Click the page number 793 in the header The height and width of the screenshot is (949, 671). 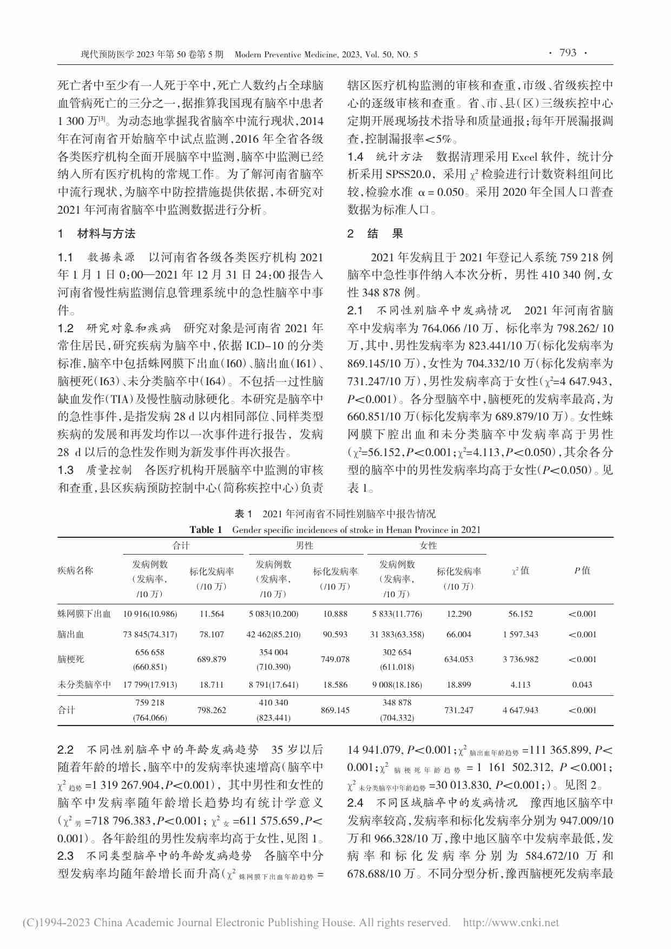coord(568,52)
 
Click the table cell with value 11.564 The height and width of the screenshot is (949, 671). coord(212,614)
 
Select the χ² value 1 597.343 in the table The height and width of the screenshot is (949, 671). coord(520,634)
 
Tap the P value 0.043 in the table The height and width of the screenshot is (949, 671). coord(582,684)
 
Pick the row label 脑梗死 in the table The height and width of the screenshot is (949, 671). coord(71,660)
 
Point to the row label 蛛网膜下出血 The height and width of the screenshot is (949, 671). coord(84,614)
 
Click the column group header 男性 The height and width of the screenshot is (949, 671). coord(305,545)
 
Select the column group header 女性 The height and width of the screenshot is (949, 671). coord(428,545)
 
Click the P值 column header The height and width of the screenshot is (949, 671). coord(582,570)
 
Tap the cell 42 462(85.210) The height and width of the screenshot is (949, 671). coord(273,634)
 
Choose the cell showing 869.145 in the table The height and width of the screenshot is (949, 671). coord(335,710)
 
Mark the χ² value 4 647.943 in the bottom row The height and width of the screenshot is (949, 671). coord(520,710)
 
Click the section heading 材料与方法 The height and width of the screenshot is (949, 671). coord(106,234)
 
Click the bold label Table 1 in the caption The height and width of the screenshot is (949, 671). coord(206,530)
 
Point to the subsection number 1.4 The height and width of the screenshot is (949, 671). coord(355,157)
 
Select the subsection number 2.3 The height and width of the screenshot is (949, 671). coord(65,855)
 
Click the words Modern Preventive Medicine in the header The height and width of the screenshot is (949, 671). coord(286,54)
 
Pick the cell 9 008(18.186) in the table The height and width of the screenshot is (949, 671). coord(397,684)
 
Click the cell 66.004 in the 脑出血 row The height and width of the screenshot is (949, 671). coord(458,634)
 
